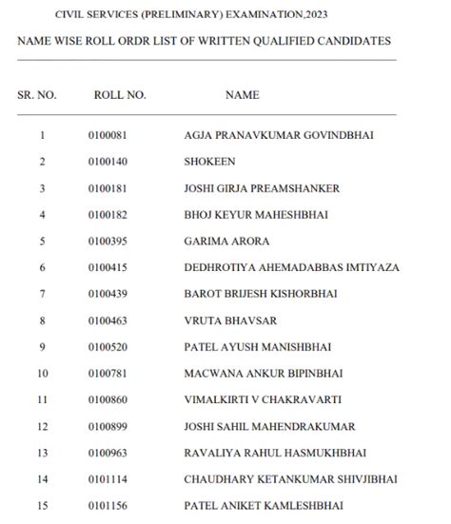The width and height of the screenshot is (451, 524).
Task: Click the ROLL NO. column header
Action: click(119, 95)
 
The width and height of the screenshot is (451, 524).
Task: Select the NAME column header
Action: click(242, 95)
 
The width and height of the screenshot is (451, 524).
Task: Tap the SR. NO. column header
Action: click(38, 95)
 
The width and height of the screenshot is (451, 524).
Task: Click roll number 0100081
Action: click(108, 136)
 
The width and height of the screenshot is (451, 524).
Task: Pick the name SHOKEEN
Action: click(209, 163)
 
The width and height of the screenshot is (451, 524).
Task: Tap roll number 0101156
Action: click(108, 505)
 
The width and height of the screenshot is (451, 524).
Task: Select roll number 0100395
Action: click(108, 242)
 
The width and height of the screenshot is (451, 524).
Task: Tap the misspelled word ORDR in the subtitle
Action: click(133, 42)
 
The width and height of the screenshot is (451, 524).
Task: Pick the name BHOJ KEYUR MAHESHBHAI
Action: click(256, 216)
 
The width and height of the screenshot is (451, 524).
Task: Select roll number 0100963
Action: click(108, 453)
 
